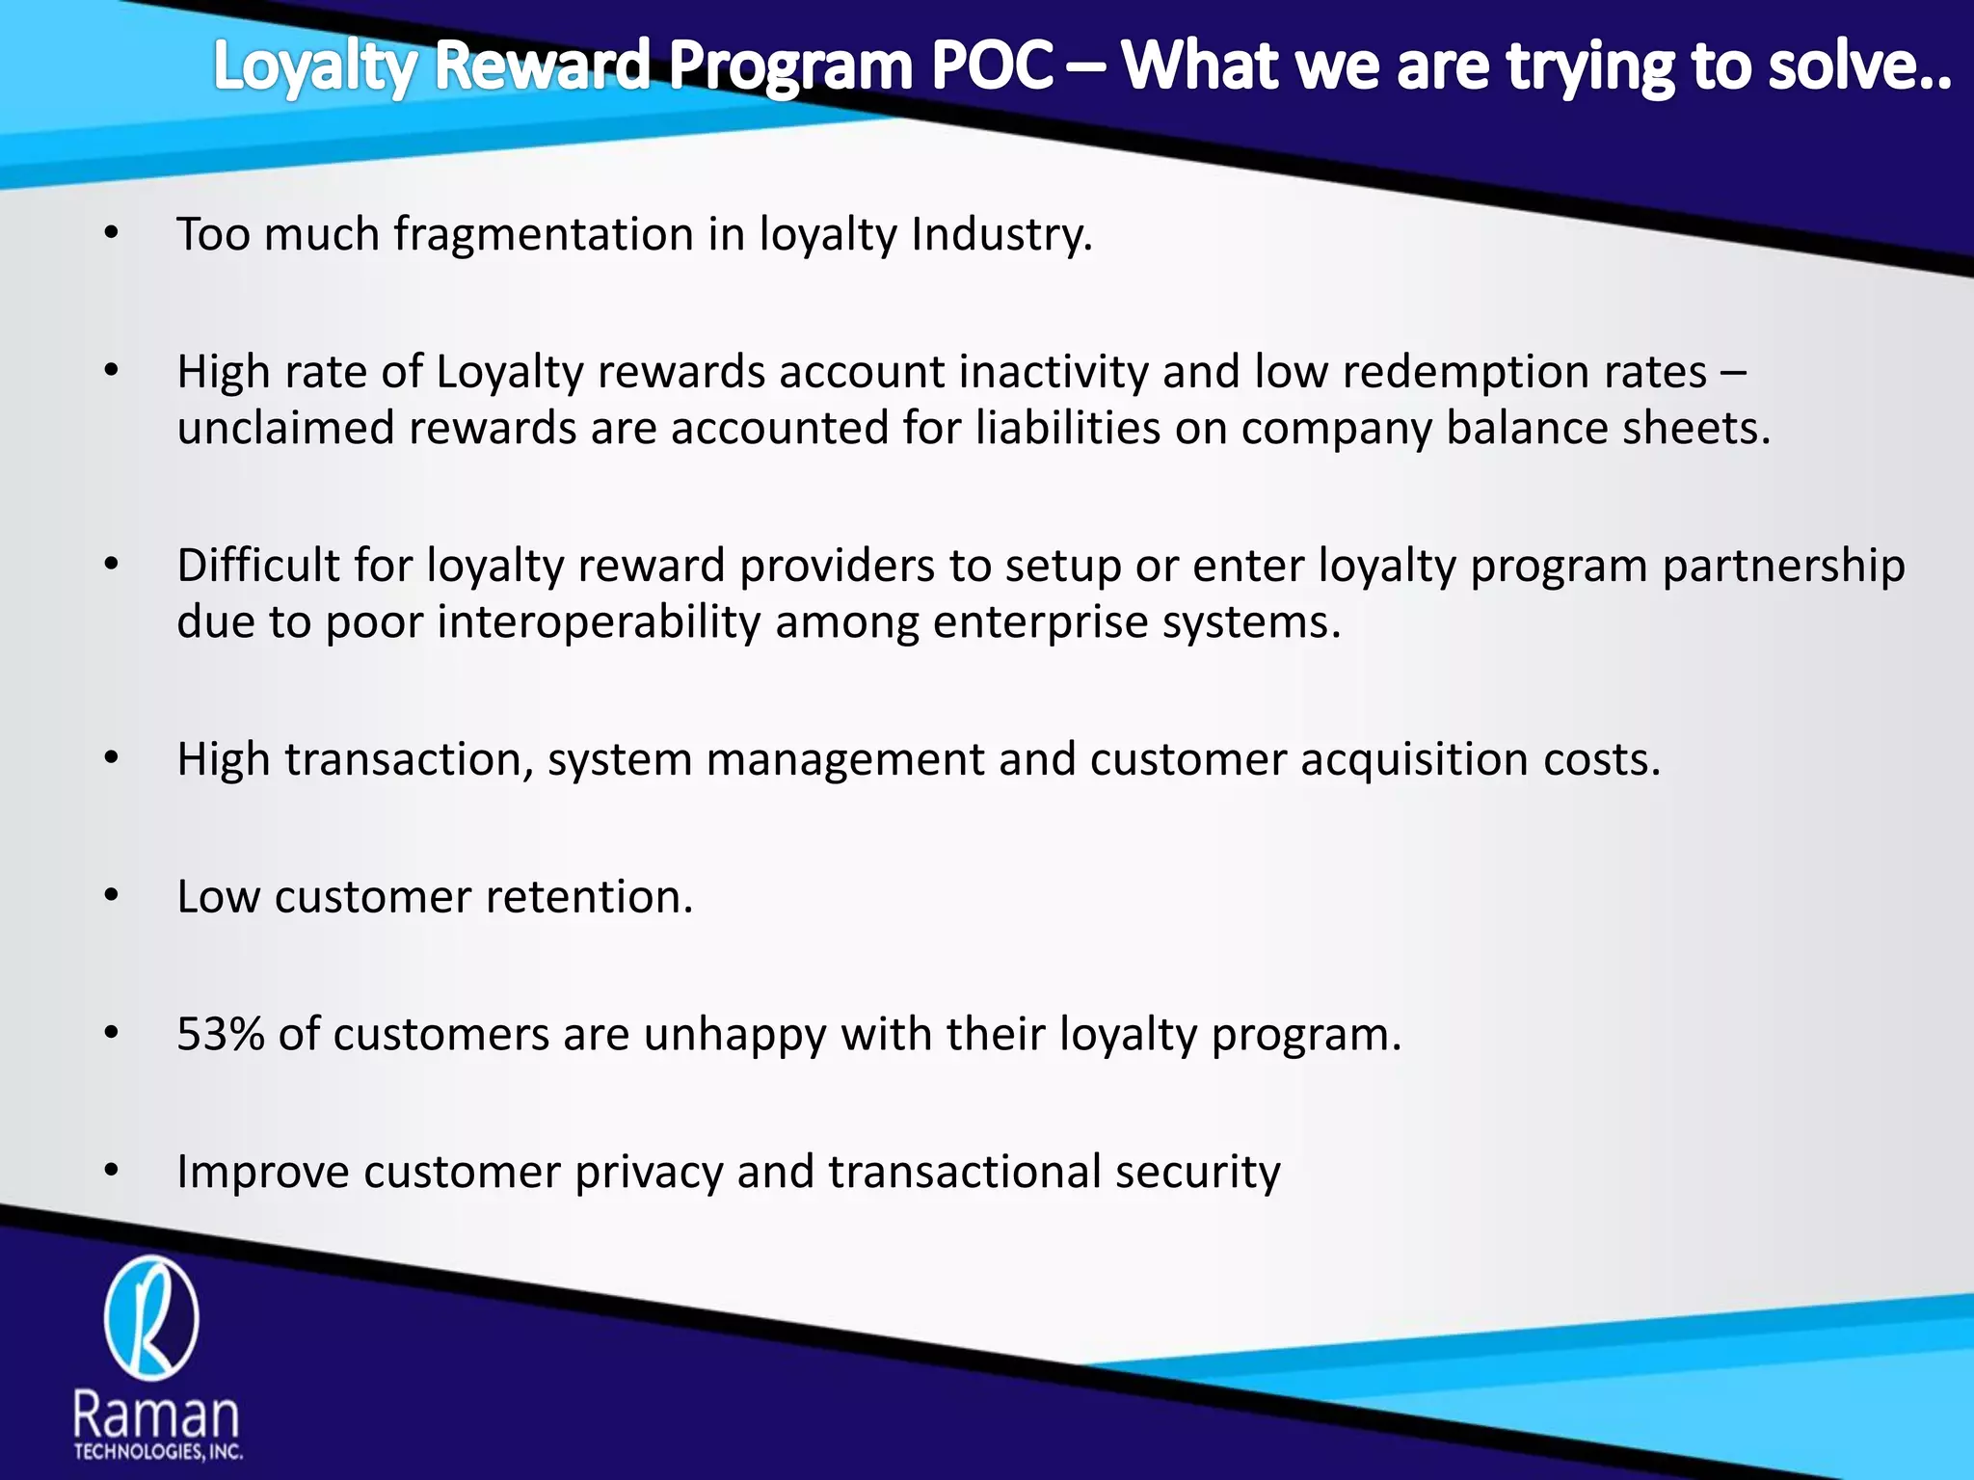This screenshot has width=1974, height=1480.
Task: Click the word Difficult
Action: (x=257, y=567)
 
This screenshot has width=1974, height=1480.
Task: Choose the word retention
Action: (x=589, y=897)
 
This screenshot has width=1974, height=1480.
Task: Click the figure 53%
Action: (x=221, y=1035)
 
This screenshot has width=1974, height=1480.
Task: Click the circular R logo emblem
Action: (x=151, y=1318)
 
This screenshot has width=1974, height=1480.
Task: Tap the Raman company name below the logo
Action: (x=156, y=1416)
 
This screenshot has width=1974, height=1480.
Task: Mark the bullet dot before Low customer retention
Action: (x=112, y=897)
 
